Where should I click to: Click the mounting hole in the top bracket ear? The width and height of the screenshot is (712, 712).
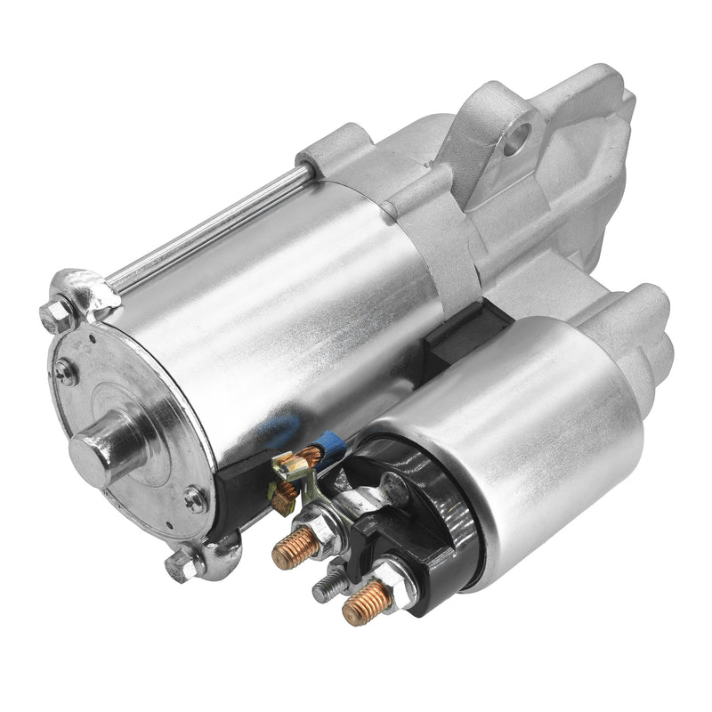tap(517, 139)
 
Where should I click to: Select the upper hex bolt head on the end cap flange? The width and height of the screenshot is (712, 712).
tap(59, 312)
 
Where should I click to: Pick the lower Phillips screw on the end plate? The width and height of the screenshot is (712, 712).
tap(193, 499)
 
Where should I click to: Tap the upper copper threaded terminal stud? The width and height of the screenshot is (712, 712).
tap(295, 549)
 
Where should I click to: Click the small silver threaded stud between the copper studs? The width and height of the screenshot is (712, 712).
tap(325, 584)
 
